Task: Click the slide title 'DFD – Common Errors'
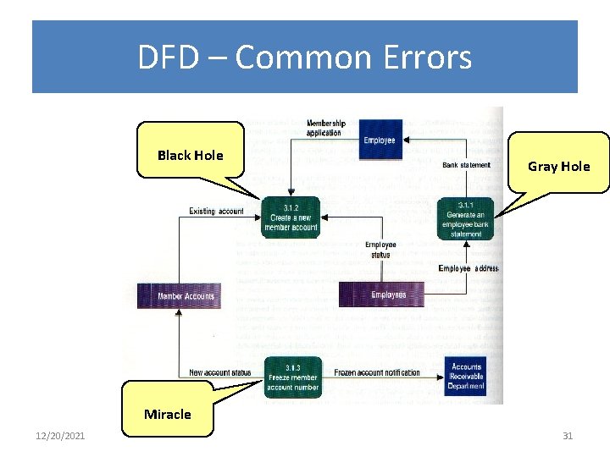click(305, 58)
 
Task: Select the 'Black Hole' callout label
click(191, 155)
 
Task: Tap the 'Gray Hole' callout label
click(558, 166)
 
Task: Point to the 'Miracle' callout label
click(168, 414)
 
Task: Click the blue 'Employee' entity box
click(379, 138)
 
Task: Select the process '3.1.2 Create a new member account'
click(291, 217)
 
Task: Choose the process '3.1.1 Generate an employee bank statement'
click(465, 218)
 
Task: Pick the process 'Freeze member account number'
click(292, 377)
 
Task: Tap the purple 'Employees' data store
click(388, 295)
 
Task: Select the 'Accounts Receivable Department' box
click(466, 377)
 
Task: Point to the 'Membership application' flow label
click(325, 128)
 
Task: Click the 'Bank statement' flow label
click(466, 165)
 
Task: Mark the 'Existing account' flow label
click(216, 212)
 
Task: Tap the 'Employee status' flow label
click(380, 249)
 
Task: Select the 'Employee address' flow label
click(469, 268)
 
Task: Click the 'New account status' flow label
click(220, 373)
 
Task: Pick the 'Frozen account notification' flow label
click(376, 373)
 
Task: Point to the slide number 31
click(568, 436)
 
